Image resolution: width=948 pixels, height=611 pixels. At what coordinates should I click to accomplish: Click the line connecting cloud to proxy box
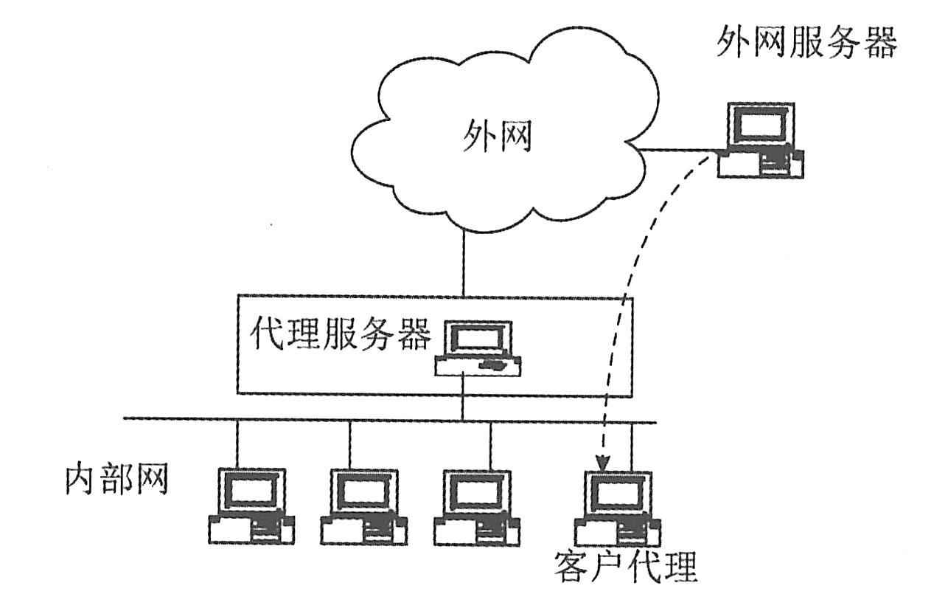(x=463, y=263)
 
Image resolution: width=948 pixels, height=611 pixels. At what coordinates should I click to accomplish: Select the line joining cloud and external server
(x=678, y=152)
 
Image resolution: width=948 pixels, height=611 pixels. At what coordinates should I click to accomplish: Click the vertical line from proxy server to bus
(x=463, y=398)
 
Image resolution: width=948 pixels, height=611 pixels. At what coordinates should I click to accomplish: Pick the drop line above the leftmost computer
(x=237, y=443)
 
